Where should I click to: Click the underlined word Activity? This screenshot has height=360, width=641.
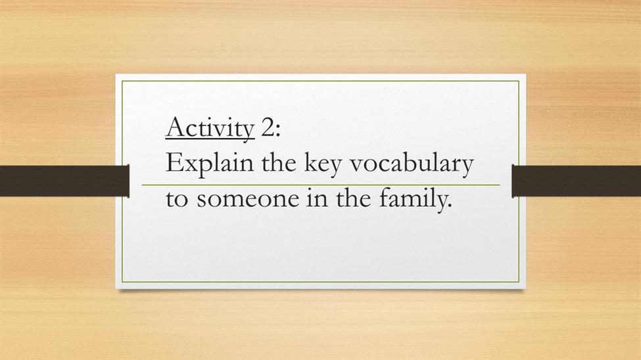point(210,128)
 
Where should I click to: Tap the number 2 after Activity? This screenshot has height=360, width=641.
point(268,128)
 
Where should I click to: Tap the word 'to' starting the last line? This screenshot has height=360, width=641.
point(177,200)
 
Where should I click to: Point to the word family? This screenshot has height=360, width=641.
point(412,200)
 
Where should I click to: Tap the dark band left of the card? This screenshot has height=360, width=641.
point(64,181)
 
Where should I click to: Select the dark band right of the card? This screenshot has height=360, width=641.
point(577,181)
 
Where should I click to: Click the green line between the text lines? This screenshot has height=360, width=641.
point(321,185)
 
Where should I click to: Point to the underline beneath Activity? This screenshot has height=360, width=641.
point(210,140)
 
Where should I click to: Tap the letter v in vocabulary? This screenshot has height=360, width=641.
point(357,166)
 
